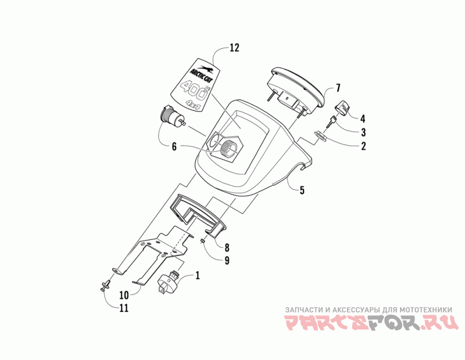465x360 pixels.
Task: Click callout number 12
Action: tap(234, 48)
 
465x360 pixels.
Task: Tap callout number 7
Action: tap(337, 89)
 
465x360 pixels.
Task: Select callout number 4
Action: tap(362, 117)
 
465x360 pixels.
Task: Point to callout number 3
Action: tap(362, 132)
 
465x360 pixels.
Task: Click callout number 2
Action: tap(363, 146)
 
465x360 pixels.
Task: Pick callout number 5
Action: tap(302, 189)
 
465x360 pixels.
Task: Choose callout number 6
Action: tap(174, 147)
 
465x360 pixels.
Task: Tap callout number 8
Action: tap(227, 247)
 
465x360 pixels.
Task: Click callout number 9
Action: tap(227, 261)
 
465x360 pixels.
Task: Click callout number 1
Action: tap(198, 276)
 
